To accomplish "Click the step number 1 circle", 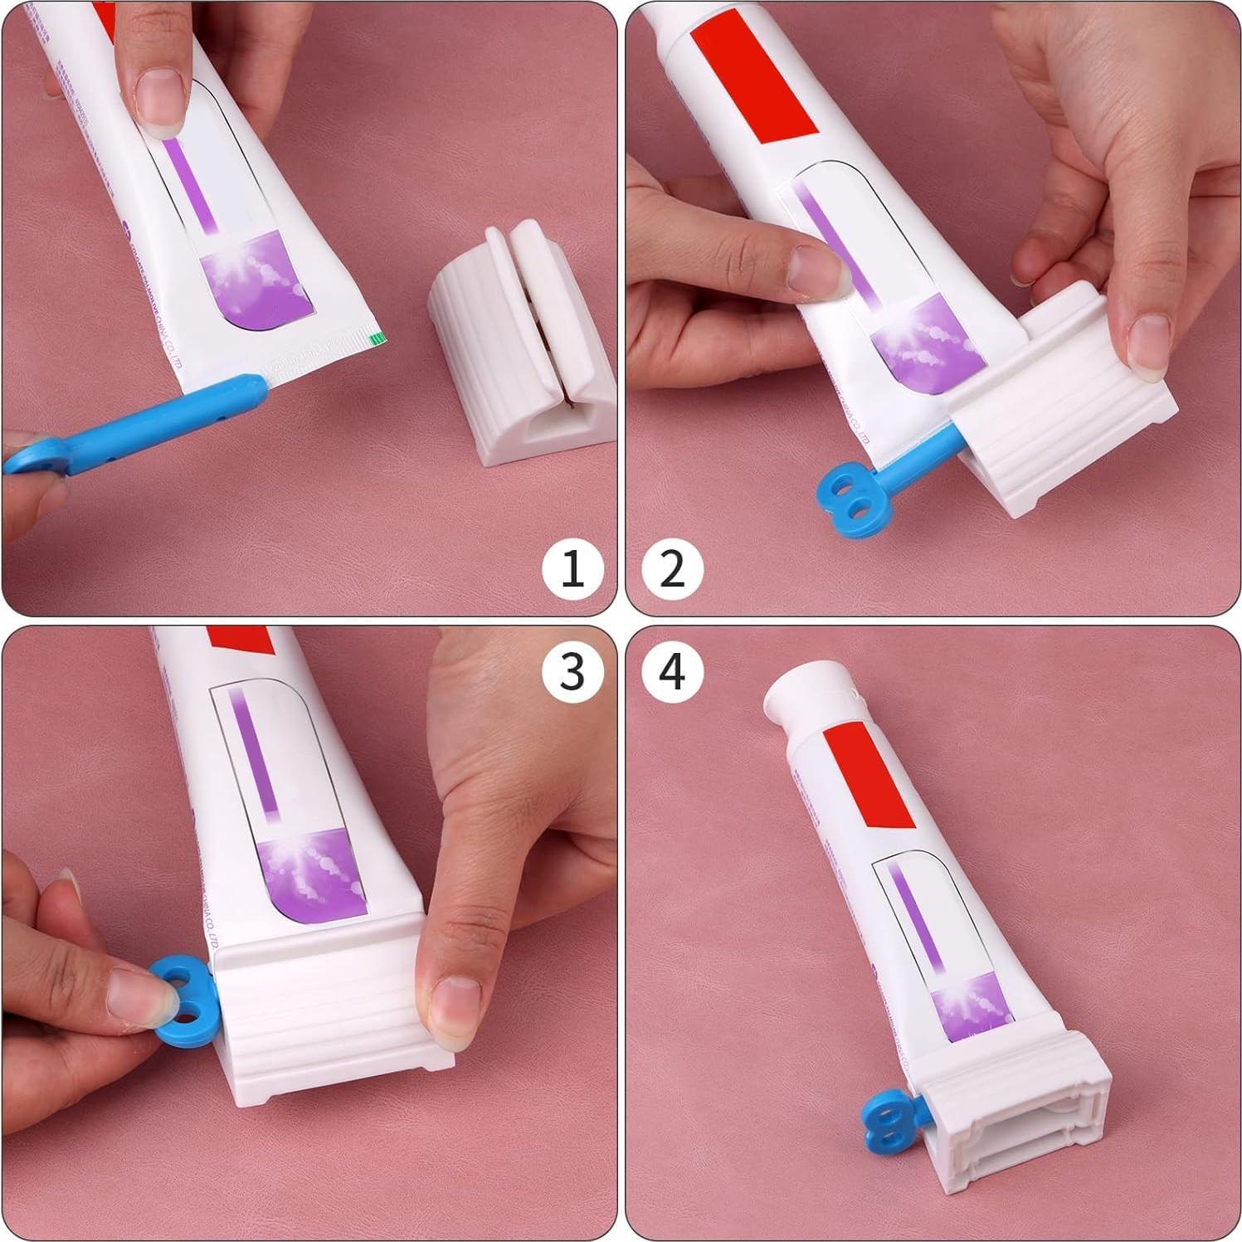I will (x=572, y=569).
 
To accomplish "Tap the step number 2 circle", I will (x=672, y=569).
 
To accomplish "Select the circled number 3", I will (x=572, y=671).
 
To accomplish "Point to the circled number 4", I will (x=672, y=671).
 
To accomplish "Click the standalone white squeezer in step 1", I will (x=523, y=348).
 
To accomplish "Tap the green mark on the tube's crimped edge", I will (x=378, y=337).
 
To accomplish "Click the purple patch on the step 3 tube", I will (x=311, y=879).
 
